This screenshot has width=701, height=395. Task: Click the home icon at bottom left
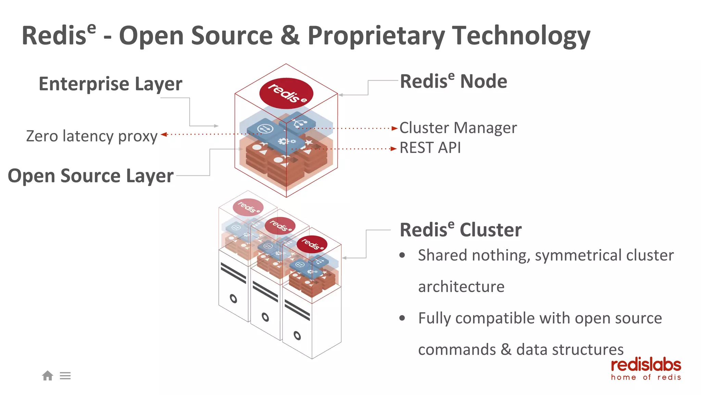[x=48, y=376]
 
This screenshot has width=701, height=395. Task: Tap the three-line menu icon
[x=65, y=376]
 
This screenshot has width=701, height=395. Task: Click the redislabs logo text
[x=646, y=366]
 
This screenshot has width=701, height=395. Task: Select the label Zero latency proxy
[x=92, y=136]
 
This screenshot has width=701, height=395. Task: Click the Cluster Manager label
[x=458, y=128]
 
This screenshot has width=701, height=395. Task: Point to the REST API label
[x=430, y=148]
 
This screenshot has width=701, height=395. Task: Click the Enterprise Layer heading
[x=110, y=84]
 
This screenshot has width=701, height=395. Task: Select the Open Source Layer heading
[x=91, y=176]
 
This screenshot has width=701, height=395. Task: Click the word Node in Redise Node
[x=483, y=82]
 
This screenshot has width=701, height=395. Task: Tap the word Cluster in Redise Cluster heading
[x=490, y=230]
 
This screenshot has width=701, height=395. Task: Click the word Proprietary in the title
[x=376, y=36]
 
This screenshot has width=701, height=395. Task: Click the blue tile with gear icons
[x=287, y=141]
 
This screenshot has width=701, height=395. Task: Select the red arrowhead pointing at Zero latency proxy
[x=164, y=134]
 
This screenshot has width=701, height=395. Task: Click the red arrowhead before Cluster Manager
[x=394, y=129]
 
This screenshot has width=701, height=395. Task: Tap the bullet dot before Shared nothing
[x=402, y=255]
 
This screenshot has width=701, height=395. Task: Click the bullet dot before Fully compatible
[x=402, y=318]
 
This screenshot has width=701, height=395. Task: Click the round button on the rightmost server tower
[x=297, y=335]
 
